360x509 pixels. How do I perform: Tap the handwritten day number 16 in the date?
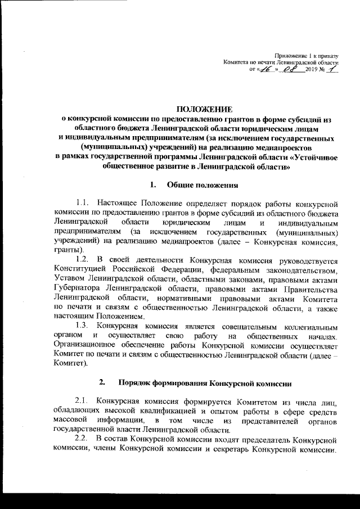tap(265, 69)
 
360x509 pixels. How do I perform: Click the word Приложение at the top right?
tap(289, 55)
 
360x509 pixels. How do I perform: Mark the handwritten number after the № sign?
tap(334, 69)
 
